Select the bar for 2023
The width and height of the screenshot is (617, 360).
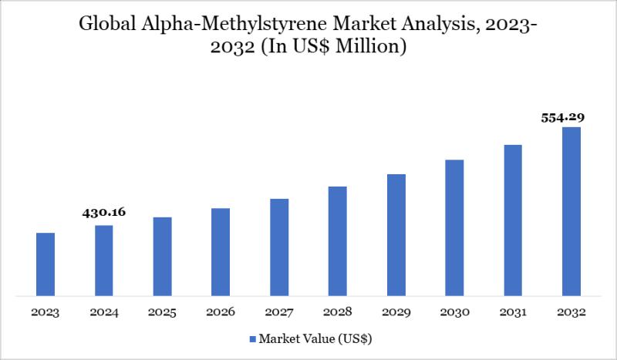[x=46, y=264]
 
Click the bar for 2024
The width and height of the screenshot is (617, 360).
[x=104, y=260]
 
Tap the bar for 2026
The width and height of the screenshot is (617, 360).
[x=221, y=251]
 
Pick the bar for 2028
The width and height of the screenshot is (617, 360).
[x=338, y=241]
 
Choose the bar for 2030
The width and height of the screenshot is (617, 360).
[x=454, y=227]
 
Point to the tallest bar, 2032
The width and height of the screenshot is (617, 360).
[x=571, y=211]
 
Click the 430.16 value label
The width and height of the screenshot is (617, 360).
[x=104, y=211]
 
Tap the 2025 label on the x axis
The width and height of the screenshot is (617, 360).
[x=163, y=312]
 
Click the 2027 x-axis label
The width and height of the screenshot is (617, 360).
[x=279, y=312]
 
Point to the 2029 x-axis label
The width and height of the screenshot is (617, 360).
[x=396, y=312]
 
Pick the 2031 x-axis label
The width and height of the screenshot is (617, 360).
[x=513, y=312]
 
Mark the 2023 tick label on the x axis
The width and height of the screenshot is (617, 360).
[x=46, y=312]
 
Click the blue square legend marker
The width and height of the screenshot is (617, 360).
[x=252, y=338]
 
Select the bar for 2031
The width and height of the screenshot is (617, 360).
[x=513, y=220]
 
